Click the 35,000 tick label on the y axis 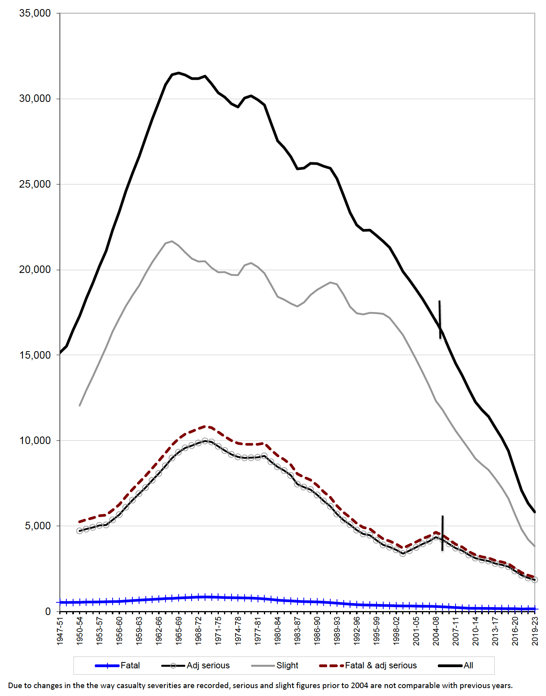coord(35,13)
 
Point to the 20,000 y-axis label coord(35,270)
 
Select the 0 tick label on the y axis coord(48,611)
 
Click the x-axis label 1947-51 coord(60,631)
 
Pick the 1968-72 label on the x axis coord(199,631)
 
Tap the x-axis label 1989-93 coord(337,631)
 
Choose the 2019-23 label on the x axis coord(535,631)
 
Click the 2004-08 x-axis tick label coord(436,631)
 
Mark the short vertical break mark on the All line coord(440,319)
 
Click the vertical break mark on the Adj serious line coord(442,533)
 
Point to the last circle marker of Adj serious coord(535,580)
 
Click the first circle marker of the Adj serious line coord(80,531)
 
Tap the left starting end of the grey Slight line coord(80,405)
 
